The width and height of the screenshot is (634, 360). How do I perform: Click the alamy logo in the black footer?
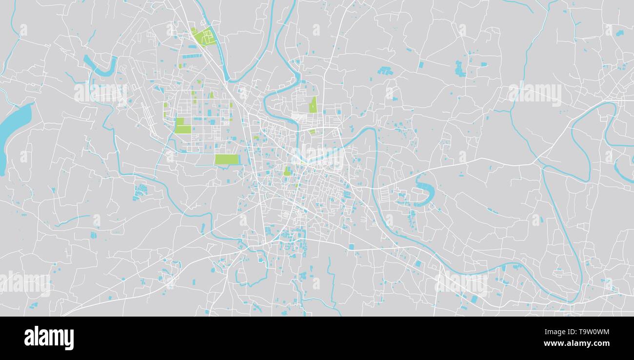[x=49, y=338]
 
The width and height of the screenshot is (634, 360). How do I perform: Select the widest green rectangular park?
[x=227, y=159]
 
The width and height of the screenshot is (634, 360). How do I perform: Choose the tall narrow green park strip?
[x=313, y=104]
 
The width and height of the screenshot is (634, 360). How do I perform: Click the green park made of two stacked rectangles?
[x=182, y=125]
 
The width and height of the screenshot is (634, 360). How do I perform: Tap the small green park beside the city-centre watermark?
[x=288, y=171]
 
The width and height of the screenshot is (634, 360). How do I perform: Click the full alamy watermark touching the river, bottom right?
[x=461, y=283]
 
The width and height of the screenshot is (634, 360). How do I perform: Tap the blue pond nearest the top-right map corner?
[x=619, y=33]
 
